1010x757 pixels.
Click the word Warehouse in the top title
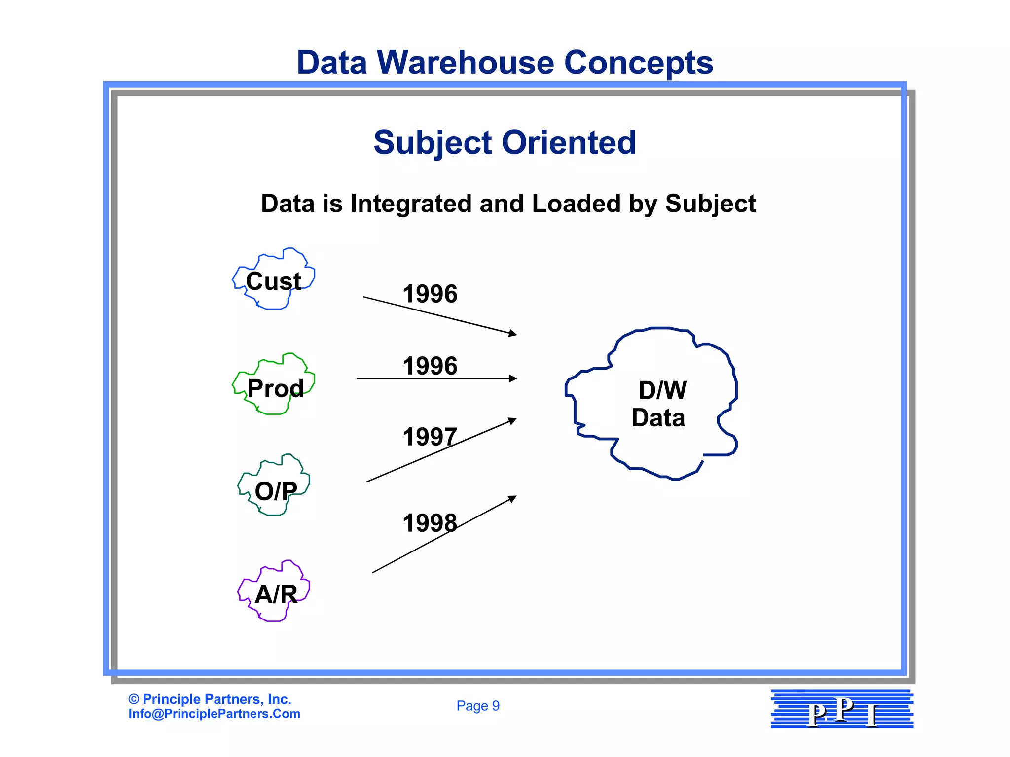(x=465, y=63)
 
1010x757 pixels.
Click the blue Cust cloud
(x=274, y=279)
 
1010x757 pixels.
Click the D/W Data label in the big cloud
(x=660, y=404)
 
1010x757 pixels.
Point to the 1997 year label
(x=430, y=437)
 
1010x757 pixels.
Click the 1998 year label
(x=430, y=523)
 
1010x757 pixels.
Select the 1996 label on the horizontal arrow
(x=430, y=366)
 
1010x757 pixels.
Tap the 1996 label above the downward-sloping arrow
(x=430, y=294)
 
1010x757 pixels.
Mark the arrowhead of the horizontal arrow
(x=513, y=378)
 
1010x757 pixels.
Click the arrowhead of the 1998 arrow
(x=513, y=498)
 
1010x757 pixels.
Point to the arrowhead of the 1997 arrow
(x=513, y=420)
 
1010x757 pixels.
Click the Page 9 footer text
(x=478, y=706)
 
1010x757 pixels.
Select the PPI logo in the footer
(x=842, y=709)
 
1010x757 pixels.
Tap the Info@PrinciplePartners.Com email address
(x=214, y=714)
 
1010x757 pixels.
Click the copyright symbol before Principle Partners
(x=133, y=699)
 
